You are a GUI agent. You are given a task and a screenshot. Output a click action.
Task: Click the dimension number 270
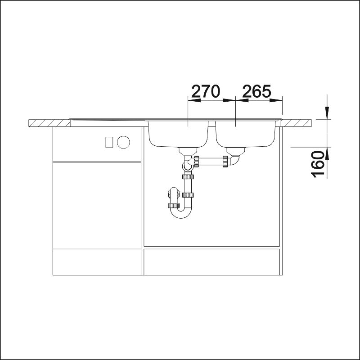coord(206,91)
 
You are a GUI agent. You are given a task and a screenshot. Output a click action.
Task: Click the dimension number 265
coord(256,91)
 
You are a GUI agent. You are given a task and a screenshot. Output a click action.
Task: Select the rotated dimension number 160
coord(318,164)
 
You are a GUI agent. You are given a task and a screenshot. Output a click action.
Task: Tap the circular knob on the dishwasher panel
coord(123,142)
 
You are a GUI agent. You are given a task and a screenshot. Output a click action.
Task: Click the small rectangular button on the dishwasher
coord(109,142)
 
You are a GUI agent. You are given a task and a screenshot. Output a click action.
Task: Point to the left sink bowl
coord(178,134)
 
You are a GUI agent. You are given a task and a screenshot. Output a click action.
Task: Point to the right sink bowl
coord(245,134)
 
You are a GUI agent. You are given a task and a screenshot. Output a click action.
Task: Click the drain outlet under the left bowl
coord(188,152)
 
